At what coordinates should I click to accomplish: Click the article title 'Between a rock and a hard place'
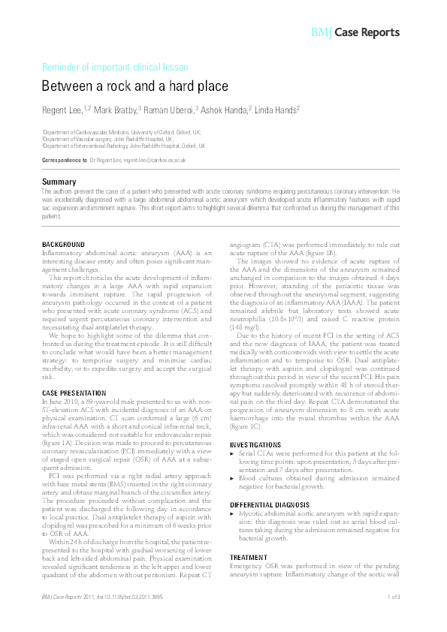pos(134,86)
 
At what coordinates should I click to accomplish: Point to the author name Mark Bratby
pos(115,110)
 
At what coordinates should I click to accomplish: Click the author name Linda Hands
pos(277,110)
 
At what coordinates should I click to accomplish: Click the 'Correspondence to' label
pos(64,161)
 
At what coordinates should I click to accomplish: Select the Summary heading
pos(59,182)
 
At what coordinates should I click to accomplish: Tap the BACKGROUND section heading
pos(63,245)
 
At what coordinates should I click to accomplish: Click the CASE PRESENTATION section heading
pos(74,393)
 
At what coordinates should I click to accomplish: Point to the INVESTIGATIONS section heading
pos(261,445)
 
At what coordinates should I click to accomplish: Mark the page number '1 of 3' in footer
pos(393,617)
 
